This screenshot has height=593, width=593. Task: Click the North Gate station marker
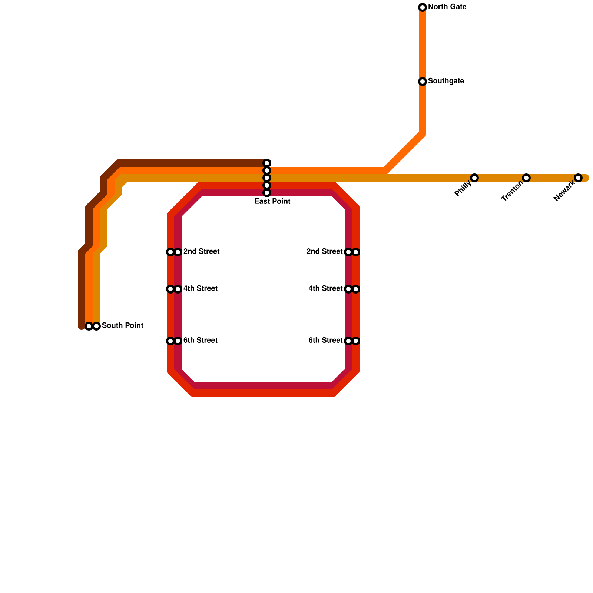[423, 7]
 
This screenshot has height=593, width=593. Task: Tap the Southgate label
[446, 81]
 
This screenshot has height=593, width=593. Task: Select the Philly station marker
[474, 178]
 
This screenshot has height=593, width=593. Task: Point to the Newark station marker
[578, 178]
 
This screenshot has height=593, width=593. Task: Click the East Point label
[272, 202]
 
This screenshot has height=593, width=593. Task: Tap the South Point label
[122, 326]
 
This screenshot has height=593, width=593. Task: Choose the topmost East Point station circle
[267, 163]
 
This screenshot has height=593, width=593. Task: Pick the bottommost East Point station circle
[267, 193]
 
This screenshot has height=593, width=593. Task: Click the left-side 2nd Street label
[201, 252]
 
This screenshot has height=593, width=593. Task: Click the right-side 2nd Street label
[325, 252]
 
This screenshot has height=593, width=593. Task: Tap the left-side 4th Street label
[200, 289]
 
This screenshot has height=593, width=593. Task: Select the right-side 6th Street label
[326, 341]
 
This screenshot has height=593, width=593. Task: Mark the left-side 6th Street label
[200, 341]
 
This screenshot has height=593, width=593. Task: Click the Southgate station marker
[423, 82]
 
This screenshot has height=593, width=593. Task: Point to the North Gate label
[447, 7]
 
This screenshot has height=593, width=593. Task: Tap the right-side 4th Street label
[326, 289]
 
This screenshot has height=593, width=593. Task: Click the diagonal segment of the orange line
[404, 152]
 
